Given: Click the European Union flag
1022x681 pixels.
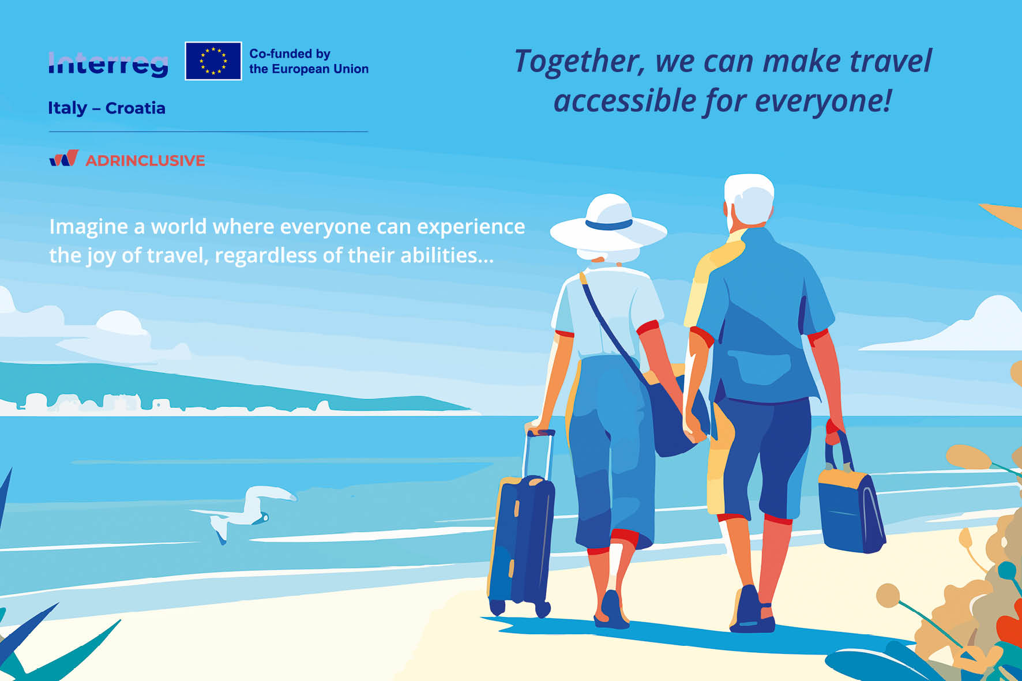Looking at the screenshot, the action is click(x=213, y=61).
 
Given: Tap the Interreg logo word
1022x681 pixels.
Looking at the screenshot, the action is click(x=108, y=64).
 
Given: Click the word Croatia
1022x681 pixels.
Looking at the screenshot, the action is click(x=136, y=108).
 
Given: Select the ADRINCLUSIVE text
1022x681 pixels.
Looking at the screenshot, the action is click(x=145, y=160).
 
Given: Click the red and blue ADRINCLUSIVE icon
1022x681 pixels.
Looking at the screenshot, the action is click(x=63, y=158).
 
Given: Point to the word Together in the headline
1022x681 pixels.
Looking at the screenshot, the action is click(x=579, y=62).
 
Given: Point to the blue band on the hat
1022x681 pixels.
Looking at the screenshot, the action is click(x=608, y=224).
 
